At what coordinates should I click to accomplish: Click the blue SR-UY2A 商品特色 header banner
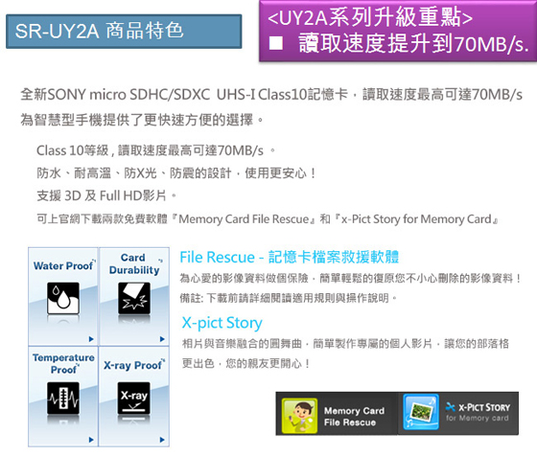(x=124, y=31)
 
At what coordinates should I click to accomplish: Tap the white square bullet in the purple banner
(x=276, y=43)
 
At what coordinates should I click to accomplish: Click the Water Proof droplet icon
(x=63, y=298)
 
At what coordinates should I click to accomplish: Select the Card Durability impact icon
(x=134, y=298)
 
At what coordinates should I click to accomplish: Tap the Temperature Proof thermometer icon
(x=63, y=399)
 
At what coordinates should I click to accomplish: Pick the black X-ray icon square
(x=134, y=399)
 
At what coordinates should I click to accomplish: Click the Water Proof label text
(x=63, y=265)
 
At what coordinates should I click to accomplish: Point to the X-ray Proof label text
(x=133, y=365)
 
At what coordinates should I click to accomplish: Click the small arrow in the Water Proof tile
(x=91, y=339)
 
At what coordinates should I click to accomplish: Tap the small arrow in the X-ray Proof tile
(x=162, y=440)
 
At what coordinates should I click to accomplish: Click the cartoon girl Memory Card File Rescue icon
(x=299, y=416)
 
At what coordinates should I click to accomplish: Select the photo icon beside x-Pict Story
(x=421, y=412)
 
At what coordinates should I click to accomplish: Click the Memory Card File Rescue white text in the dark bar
(x=354, y=417)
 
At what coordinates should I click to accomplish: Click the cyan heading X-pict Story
(x=222, y=323)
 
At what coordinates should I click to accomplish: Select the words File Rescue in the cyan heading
(x=217, y=258)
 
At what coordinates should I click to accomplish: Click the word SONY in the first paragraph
(x=66, y=95)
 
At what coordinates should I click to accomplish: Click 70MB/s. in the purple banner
(x=491, y=44)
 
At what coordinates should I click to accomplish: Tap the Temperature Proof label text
(x=63, y=364)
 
